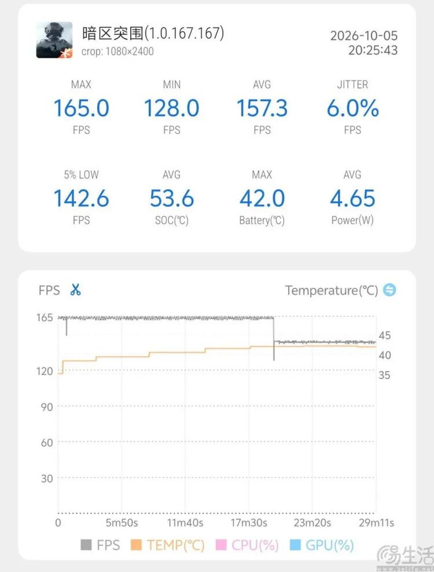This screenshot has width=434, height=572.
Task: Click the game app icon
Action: pyautogui.click(x=54, y=40)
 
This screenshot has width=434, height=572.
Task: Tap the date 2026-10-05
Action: pyautogui.click(x=364, y=36)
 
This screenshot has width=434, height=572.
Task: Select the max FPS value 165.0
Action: pyautogui.click(x=81, y=108)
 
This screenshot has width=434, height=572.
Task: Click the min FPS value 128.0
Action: pyautogui.click(x=172, y=108)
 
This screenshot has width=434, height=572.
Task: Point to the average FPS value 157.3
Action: pyautogui.click(x=262, y=108)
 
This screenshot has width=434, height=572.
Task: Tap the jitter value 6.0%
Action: pyautogui.click(x=352, y=108)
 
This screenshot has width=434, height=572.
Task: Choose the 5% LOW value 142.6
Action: pyautogui.click(x=81, y=198)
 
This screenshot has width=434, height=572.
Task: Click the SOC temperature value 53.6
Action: pyautogui.click(x=172, y=198)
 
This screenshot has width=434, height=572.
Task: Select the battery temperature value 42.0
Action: pyautogui.click(x=262, y=198)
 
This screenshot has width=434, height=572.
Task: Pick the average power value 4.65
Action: pyautogui.click(x=352, y=198)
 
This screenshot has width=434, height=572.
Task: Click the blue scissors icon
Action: pyautogui.click(x=76, y=290)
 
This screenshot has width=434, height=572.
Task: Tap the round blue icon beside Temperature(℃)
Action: pyautogui.click(x=389, y=290)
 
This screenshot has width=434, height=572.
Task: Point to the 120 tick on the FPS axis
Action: pyautogui.click(x=45, y=371)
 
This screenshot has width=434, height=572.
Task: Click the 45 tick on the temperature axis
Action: pyautogui.click(x=385, y=335)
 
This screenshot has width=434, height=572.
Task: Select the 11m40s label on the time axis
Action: pyautogui.click(x=185, y=523)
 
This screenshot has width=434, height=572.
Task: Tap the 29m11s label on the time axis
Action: pyautogui.click(x=376, y=523)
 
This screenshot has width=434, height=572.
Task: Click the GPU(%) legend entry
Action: pyautogui.click(x=322, y=545)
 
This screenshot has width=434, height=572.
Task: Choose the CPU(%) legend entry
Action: pyautogui.click(x=247, y=545)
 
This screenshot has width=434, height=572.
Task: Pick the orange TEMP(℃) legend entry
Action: pyautogui.click(x=167, y=545)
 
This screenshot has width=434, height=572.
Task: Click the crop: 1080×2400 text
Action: pyautogui.click(x=117, y=51)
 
